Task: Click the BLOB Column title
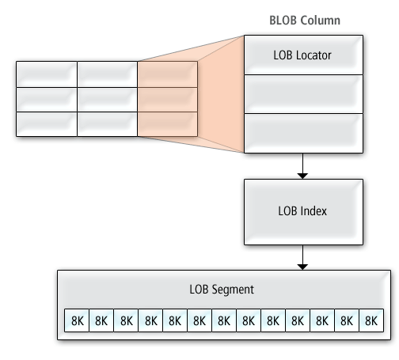tap(303, 20)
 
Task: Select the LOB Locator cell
tap(303, 55)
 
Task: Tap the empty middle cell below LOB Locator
tap(303, 94)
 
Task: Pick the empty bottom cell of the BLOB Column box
tap(303, 133)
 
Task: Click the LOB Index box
tap(303, 211)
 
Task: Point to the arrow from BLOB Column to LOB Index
tap(303, 166)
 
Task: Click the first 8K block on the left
tap(76, 320)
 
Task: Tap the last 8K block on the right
tap(370, 320)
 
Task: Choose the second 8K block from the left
tap(101, 320)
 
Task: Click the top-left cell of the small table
tap(47, 74)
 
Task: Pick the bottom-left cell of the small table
tap(47, 124)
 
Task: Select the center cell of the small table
tap(107, 99)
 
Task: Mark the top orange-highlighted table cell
tap(167, 74)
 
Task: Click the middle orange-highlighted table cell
tap(167, 99)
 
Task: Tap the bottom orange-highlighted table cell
tap(167, 124)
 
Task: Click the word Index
tap(314, 211)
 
